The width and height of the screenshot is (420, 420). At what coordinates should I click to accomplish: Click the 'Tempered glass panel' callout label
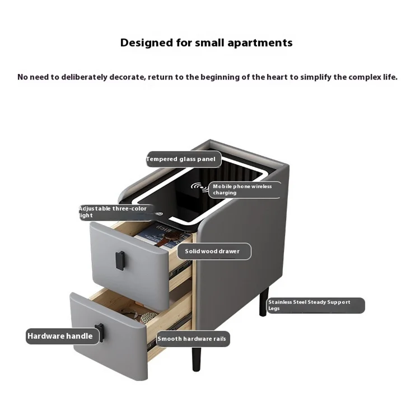(x=181, y=159)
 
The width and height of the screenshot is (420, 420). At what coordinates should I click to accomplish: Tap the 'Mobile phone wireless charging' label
(x=242, y=189)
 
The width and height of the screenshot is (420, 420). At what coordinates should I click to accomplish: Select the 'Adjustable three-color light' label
(x=114, y=212)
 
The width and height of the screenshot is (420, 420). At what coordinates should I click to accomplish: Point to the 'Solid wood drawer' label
(x=212, y=251)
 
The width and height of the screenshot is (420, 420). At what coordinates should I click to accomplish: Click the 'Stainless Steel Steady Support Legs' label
(x=315, y=305)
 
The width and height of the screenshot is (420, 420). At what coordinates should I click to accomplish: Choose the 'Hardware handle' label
(x=60, y=336)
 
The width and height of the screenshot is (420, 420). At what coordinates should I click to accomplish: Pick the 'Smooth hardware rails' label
(x=193, y=339)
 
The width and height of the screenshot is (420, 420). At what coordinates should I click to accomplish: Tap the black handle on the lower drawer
(x=99, y=332)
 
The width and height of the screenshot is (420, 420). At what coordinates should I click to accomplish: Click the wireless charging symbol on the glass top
(x=198, y=186)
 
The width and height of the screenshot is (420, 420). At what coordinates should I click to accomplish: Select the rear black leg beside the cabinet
(x=264, y=302)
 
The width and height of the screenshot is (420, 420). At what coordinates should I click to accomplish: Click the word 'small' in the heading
(x=211, y=43)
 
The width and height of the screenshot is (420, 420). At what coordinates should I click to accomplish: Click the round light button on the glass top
(x=160, y=214)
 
